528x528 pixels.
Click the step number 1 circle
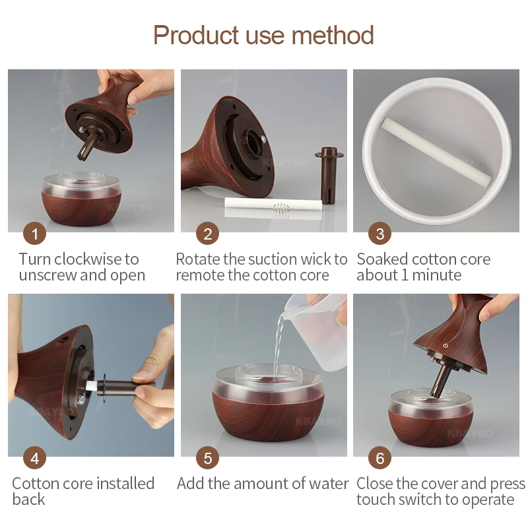pos(34,234)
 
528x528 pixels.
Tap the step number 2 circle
pos(207,234)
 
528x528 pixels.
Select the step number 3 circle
pos(379,234)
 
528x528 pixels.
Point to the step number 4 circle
pos(34,457)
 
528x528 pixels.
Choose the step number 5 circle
pos(207,457)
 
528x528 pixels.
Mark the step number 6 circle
pos(379,457)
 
